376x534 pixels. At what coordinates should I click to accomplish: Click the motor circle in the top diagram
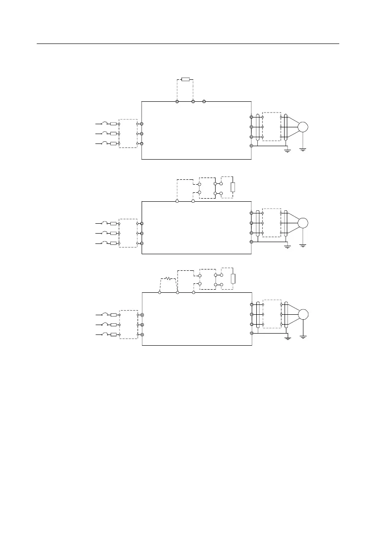tap(303, 127)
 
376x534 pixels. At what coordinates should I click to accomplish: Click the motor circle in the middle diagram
tap(303, 222)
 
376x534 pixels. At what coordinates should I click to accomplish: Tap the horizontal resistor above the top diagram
tap(185, 80)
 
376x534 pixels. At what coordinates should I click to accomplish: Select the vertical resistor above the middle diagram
tap(232, 187)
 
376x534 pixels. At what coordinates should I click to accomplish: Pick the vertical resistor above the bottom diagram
tap(232, 279)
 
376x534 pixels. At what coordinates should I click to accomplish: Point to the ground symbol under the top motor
tap(303, 150)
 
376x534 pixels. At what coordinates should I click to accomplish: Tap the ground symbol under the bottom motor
tap(304, 337)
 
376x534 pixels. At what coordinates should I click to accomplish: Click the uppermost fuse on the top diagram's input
tap(113, 124)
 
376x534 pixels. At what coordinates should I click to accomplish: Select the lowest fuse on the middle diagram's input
tap(113, 243)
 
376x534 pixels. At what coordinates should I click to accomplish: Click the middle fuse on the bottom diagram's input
tap(113, 325)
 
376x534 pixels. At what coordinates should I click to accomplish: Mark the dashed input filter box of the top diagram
tap(128, 134)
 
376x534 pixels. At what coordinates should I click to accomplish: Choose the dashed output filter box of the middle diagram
tap(272, 222)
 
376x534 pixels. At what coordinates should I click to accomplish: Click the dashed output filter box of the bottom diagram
tap(272, 314)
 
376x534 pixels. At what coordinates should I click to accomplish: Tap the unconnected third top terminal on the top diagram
tap(204, 102)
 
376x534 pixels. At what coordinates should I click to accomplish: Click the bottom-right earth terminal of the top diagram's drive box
tap(251, 146)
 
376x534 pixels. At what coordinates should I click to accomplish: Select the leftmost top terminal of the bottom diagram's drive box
tap(160, 293)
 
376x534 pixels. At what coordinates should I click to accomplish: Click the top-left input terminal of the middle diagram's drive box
tap(142, 223)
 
